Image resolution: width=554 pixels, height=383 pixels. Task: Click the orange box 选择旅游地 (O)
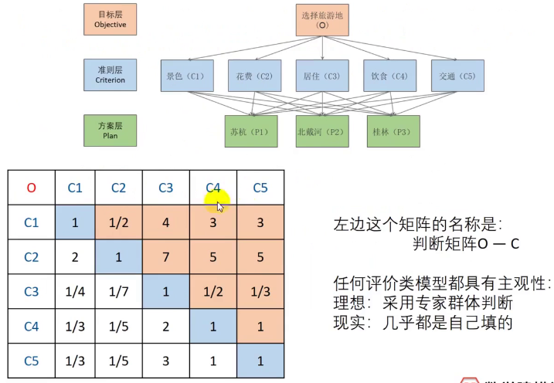[322, 20]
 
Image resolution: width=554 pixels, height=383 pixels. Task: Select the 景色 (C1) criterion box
[185, 76]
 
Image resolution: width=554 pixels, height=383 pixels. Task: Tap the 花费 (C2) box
[253, 76]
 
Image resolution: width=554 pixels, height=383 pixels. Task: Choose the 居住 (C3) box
[322, 76]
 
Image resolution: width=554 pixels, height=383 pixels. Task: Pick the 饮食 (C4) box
[389, 76]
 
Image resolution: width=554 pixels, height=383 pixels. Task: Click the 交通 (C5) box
[457, 76]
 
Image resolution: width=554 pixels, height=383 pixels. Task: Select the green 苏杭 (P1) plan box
[249, 131]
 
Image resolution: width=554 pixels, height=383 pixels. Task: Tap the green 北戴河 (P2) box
[322, 131]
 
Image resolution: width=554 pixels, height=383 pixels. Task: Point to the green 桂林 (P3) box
[393, 131]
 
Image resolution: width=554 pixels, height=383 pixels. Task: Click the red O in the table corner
[31, 188]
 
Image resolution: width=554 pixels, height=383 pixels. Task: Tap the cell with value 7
[165, 256]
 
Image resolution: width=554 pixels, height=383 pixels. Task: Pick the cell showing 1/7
[118, 291]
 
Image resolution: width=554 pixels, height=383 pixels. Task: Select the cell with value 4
[165, 222]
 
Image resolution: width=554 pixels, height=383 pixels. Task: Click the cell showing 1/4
[75, 291]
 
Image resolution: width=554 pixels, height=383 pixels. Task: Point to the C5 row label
[31, 360]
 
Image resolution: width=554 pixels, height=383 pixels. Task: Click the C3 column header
[165, 188]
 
